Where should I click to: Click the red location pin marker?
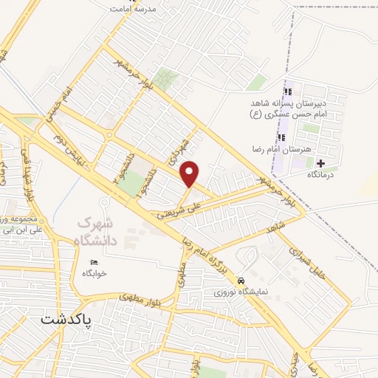click(x=190, y=173)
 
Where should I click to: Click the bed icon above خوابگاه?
click(x=93, y=264)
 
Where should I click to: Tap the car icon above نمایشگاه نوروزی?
click(x=241, y=281)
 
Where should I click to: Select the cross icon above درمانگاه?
click(x=320, y=162)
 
